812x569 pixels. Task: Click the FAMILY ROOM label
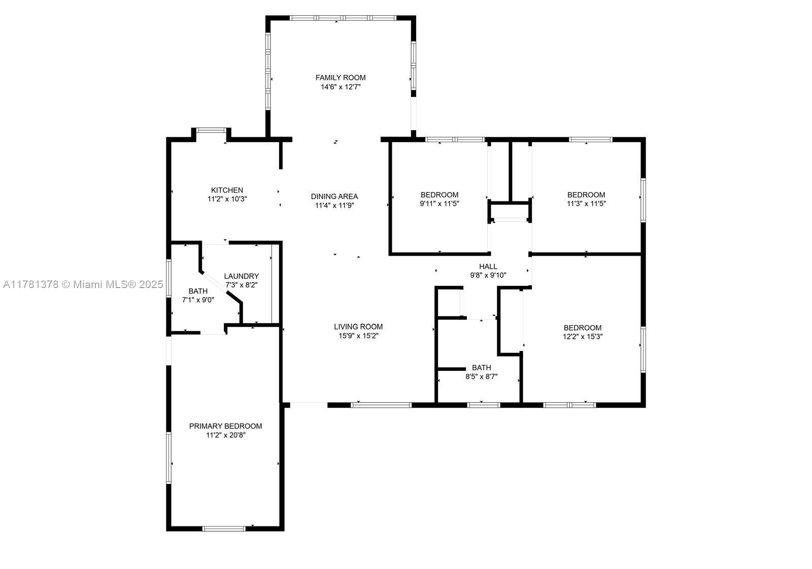pyautogui.click(x=341, y=78)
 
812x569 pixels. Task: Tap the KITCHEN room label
pyautogui.click(x=227, y=190)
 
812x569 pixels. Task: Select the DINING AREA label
pyautogui.click(x=334, y=196)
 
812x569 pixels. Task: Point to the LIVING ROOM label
pyautogui.click(x=358, y=327)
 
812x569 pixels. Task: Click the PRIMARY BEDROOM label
pyautogui.click(x=225, y=426)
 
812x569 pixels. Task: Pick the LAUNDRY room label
pyautogui.click(x=242, y=276)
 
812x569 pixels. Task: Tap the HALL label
pyautogui.click(x=488, y=266)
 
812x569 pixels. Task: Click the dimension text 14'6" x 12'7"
pyautogui.click(x=341, y=87)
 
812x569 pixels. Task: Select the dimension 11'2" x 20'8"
pyautogui.click(x=225, y=435)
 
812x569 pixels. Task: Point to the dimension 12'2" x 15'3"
pyautogui.click(x=583, y=336)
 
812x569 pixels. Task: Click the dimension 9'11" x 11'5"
pyautogui.click(x=439, y=203)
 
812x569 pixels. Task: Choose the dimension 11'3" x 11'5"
pyautogui.click(x=586, y=203)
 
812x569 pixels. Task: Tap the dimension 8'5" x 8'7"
pyautogui.click(x=482, y=377)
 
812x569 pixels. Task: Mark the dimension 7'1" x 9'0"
pyautogui.click(x=198, y=300)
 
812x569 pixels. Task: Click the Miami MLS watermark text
pyautogui.click(x=83, y=284)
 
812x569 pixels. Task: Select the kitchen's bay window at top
pyautogui.click(x=211, y=130)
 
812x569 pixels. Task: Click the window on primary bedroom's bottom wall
pyautogui.click(x=224, y=529)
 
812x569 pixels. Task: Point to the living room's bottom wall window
pyautogui.click(x=381, y=405)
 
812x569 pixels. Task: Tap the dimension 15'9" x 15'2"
pyautogui.click(x=358, y=336)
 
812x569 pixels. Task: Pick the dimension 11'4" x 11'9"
pyautogui.click(x=334, y=205)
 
